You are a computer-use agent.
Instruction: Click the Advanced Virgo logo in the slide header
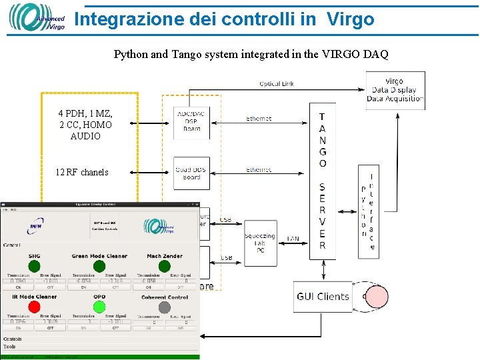[x=37, y=18]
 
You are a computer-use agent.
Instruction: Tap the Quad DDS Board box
[x=191, y=173]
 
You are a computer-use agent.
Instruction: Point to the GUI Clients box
[x=323, y=297]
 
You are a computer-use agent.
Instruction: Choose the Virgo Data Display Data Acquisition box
[x=395, y=90]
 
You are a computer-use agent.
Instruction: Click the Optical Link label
[x=277, y=83]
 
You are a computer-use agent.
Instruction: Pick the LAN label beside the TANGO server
[x=293, y=239]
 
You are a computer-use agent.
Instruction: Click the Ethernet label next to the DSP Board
[x=259, y=119]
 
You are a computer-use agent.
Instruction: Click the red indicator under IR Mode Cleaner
[x=33, y=307]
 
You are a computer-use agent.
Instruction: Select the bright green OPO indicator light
[x=99, y=307]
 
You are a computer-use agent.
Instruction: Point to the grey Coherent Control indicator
[x=165, y=307]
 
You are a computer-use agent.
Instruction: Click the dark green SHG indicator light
[x=33, y=266]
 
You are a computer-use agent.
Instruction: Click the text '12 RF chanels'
[x=82, y=172]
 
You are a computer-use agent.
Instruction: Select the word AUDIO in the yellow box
[x=85, y=136]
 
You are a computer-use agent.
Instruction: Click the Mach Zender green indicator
[x=165, y=266]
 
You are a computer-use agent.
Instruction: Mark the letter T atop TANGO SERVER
[x=323, y=116]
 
